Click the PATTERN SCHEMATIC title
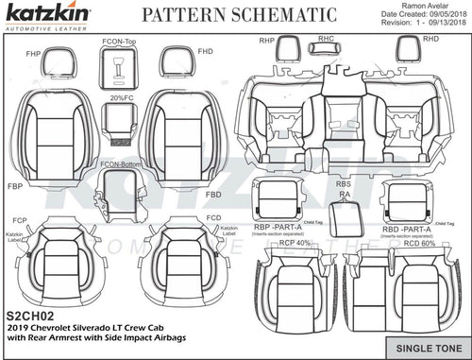(x=238, y=15)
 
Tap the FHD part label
(x=204, y=49)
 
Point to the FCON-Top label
(x=119, y=43)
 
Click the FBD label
(x=213, y=194)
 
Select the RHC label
(x=327, y=38)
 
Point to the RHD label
(x=430, y=39)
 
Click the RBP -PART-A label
(x=278, y=229)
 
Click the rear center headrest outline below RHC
(x=327, y=53)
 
